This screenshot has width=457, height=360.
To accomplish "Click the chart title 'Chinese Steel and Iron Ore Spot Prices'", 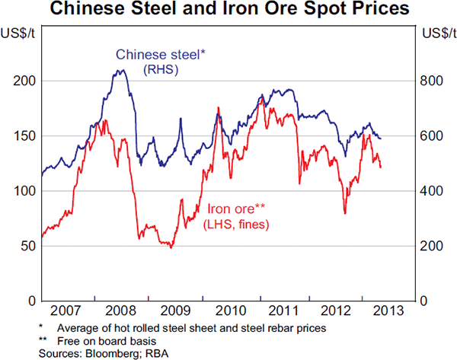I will point(228,10).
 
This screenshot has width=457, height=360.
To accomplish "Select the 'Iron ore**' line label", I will point(235,209).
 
